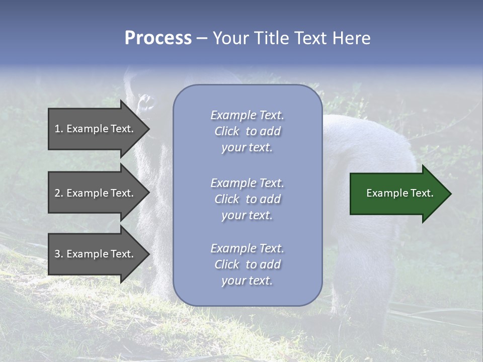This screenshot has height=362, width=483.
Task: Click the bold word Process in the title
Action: click(158, 38)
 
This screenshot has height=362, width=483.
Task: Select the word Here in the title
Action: click(351, 38)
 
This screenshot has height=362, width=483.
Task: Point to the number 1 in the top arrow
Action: click(58, 129)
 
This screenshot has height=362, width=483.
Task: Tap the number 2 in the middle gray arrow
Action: click(58, 193)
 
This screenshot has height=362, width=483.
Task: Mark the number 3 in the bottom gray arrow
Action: click(58, 254)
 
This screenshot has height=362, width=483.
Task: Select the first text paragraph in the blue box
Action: click(247, 131)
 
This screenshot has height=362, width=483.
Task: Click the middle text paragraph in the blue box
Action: click(247, 199)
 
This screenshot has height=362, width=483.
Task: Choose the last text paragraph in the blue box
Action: click(247, 264)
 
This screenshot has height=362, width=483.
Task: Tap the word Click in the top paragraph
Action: click(226, 131)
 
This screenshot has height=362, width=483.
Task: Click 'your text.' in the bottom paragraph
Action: click(247, 281)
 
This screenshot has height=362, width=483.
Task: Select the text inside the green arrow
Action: click(400, 193)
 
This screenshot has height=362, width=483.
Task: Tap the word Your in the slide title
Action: click(229, 38)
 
